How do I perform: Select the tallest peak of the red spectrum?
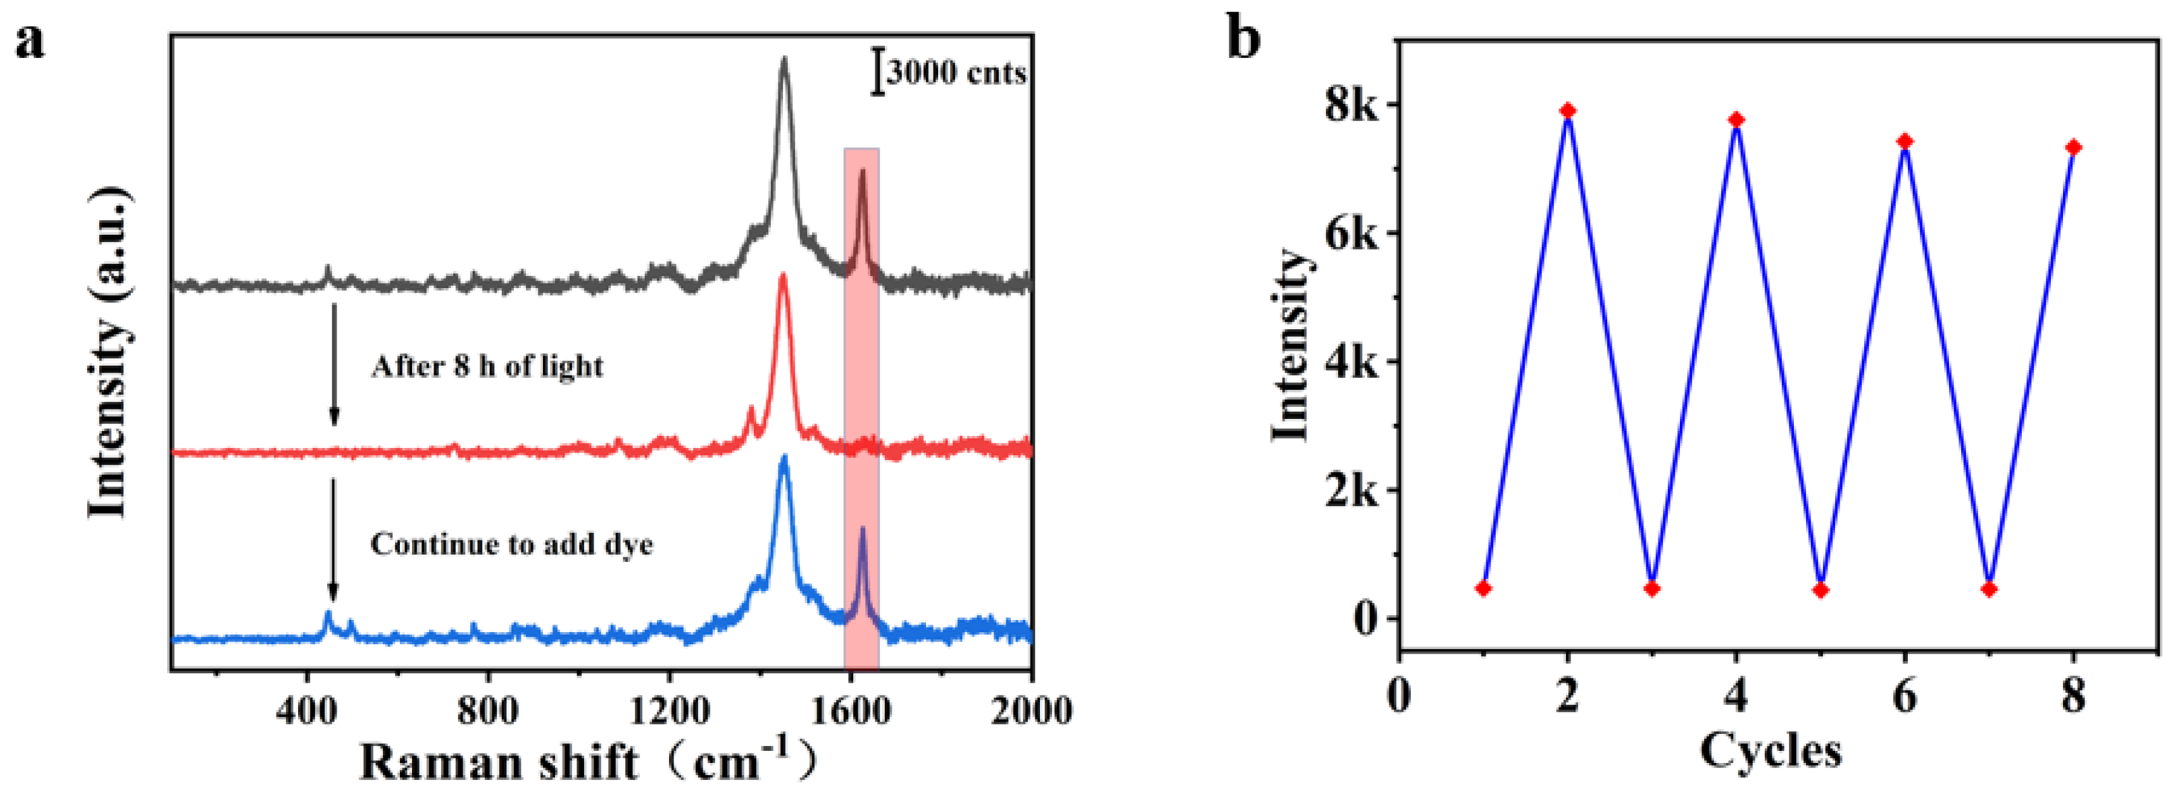click(x=783, y=277)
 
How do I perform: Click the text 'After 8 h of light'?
click(x=487, y=366)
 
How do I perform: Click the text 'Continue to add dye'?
click(x=512, y=543)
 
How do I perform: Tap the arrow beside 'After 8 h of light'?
click(x=334, y=364)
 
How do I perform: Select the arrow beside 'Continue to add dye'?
click(x=333, y=539)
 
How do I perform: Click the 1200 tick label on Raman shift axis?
click(x=668, y=711)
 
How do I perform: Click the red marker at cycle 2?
click(x=1567, y=111)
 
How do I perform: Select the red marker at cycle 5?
click(x=1820, y=590)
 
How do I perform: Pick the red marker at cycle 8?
click(x=2073, y=147)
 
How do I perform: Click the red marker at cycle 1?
click(x=1483, y=588)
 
